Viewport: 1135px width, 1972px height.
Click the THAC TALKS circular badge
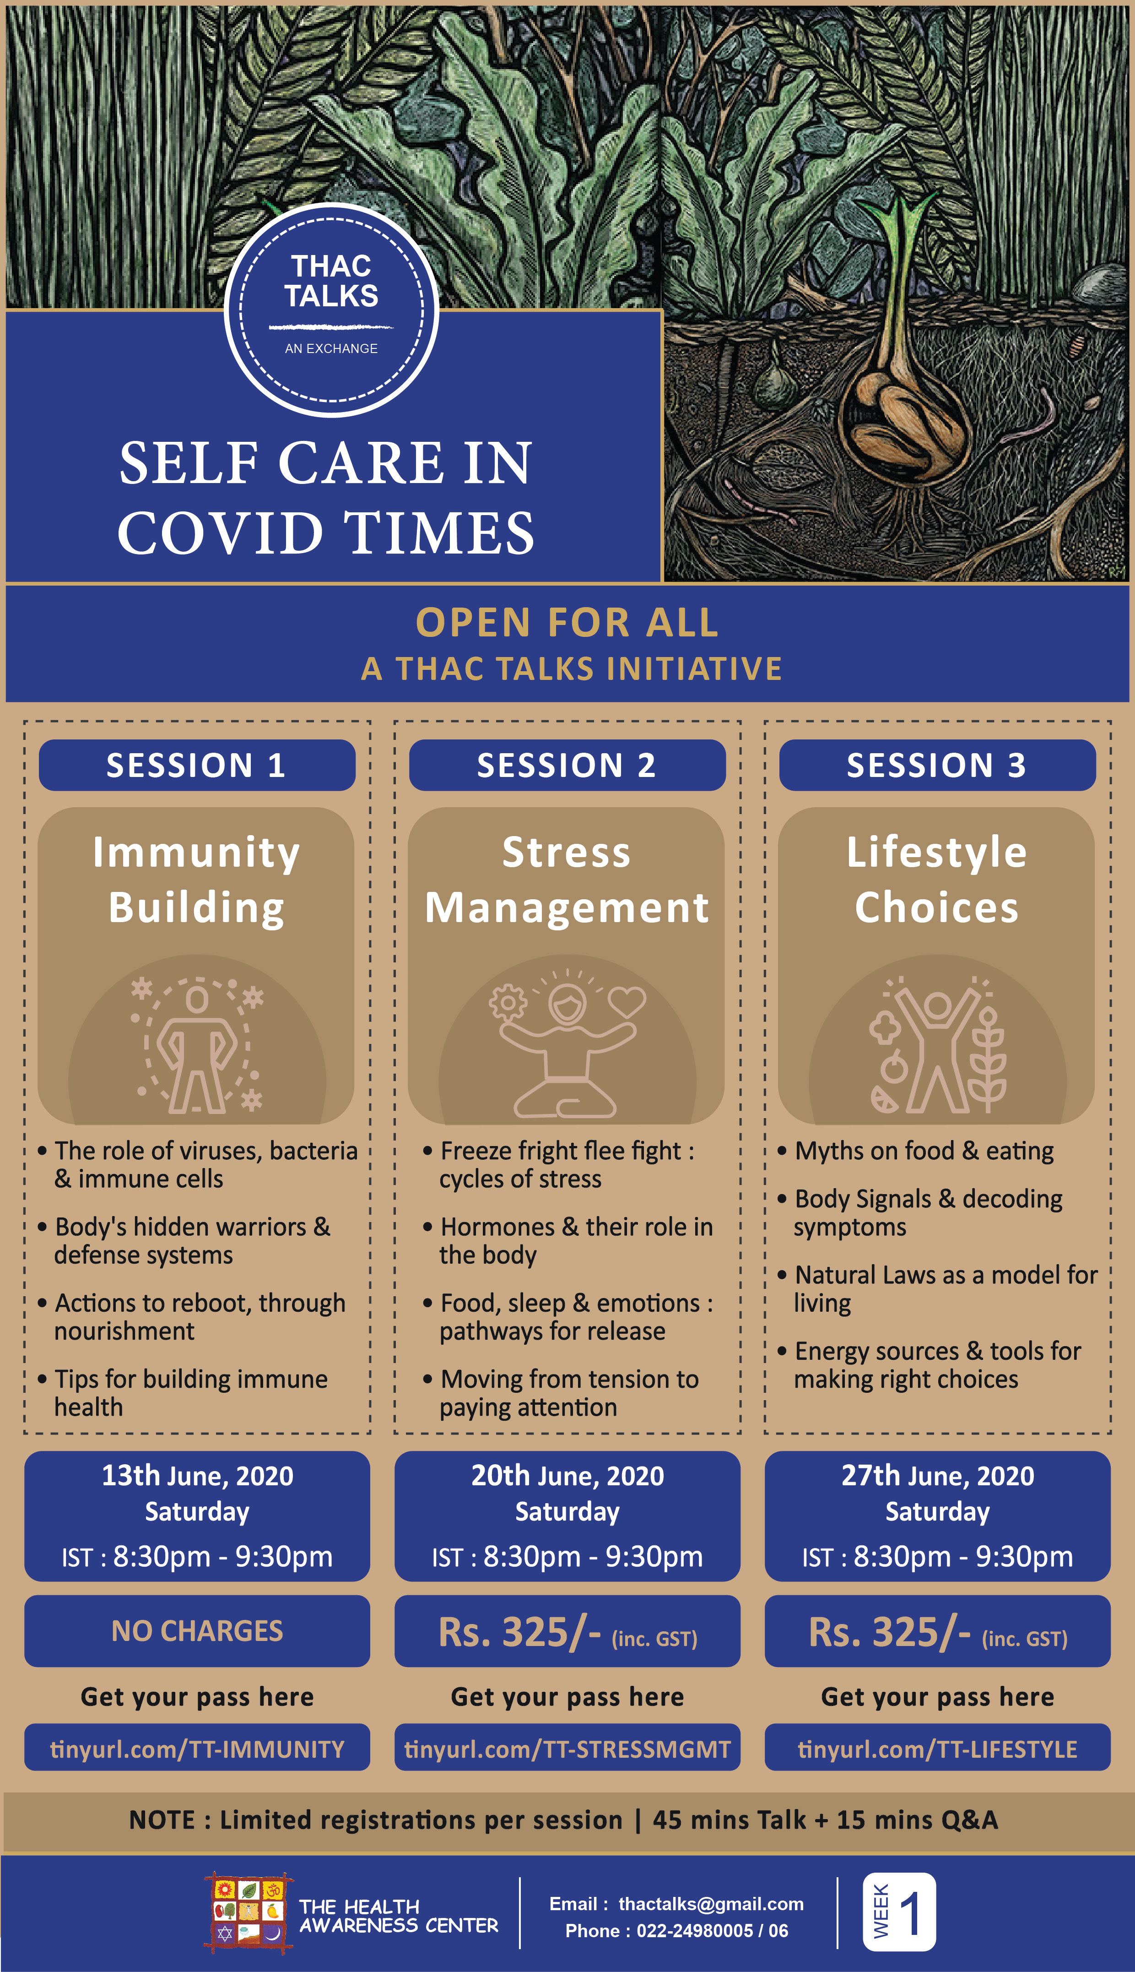331,310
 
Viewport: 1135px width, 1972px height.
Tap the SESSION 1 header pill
197,765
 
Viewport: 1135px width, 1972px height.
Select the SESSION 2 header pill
567,765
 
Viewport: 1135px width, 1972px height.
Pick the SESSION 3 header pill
937,765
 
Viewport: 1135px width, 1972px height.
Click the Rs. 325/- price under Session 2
519,1632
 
